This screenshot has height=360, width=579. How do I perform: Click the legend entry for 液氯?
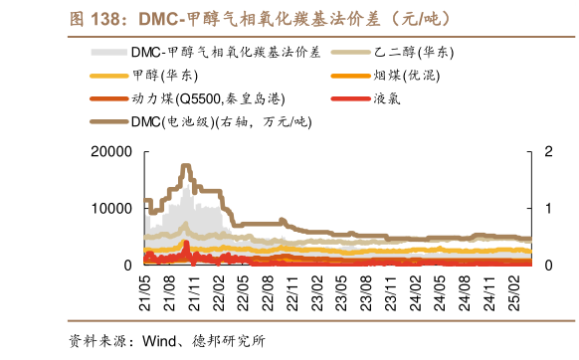pos(387,98)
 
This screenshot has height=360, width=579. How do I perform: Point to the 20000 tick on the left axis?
pos(112,151)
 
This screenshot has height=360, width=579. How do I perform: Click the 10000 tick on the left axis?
pos(112,208)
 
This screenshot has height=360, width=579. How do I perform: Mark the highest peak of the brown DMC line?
pos(186,165)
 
